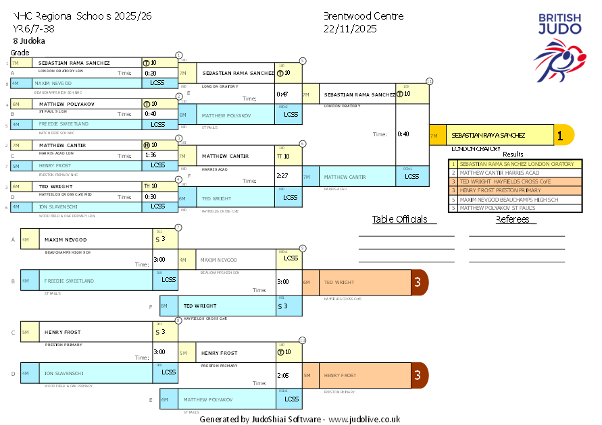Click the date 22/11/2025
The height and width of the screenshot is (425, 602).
(x=350, y=29)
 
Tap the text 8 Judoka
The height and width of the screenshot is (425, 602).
(x=29, y=40)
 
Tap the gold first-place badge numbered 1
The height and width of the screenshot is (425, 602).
(x=559, y=135)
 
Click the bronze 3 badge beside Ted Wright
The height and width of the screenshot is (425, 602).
(x=418, y=283)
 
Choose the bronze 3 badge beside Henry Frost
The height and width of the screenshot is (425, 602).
(x=418, y=375)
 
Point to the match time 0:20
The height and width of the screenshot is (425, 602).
(x=150, y=73)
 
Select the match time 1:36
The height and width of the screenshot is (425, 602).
(x=150, y=154)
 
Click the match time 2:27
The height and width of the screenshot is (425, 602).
(x=282, y=175)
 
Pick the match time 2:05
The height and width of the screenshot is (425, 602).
(x=282, y=375)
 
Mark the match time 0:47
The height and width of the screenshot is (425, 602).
(x=282, y=94)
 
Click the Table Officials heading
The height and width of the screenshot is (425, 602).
(x=400, y=219)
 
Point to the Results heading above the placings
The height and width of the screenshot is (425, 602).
(x=513, y=154)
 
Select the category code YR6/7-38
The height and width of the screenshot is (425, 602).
(x=34, y=29)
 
